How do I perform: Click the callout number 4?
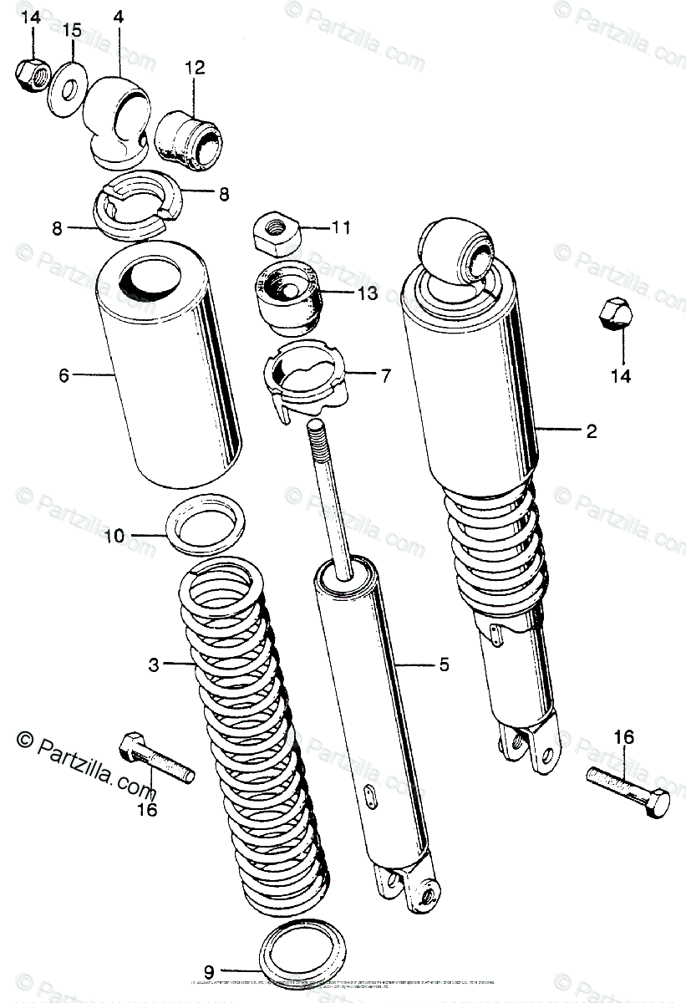tap(117, 17)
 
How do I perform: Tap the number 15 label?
tap(73, 31)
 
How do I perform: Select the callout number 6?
tap(64, 376)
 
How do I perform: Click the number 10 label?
tap(114, 535)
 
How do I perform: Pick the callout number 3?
tap(153, 665)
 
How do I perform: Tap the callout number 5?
tap(467, 665)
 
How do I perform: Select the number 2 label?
tap(591, 431)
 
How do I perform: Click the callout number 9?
tap(209, 971)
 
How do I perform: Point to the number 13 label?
tap(368, 293)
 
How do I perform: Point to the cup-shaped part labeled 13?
tap(288, 297)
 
